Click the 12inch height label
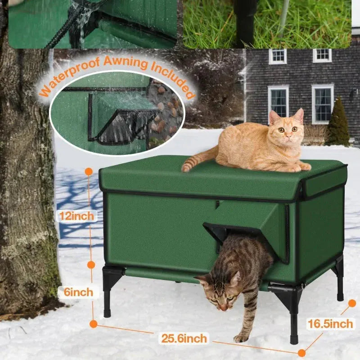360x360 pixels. (77, 216)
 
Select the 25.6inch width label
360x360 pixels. (185, 338)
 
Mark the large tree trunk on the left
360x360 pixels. (25, 180)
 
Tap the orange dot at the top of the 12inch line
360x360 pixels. (89, 171)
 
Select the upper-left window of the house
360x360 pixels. (278, 56)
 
